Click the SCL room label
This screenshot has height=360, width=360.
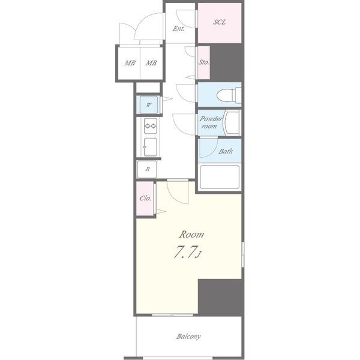[220, 22]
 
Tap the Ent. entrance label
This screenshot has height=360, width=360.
[178, 28]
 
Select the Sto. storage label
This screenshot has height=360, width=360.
[203, 62]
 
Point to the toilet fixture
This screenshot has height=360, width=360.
[229, 95]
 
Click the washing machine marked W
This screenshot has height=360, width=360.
[149, 105]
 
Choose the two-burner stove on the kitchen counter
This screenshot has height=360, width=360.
[151, 126]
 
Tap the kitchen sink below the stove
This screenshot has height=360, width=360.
[150, 147]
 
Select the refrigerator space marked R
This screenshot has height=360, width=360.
[147, 169]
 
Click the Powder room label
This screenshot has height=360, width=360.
[211, 122]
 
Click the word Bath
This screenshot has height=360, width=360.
[226, 151]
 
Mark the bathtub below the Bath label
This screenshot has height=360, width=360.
[220, 177]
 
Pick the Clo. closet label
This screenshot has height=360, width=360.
[145, 198]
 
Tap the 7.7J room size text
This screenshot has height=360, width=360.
[188, 252]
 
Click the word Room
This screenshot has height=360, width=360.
[191, 235]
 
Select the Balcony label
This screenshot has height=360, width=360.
[188, 337]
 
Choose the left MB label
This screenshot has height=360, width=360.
[130, 63]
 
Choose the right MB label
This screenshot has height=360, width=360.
[151, 63]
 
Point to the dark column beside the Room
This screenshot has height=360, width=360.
[221, 298]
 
